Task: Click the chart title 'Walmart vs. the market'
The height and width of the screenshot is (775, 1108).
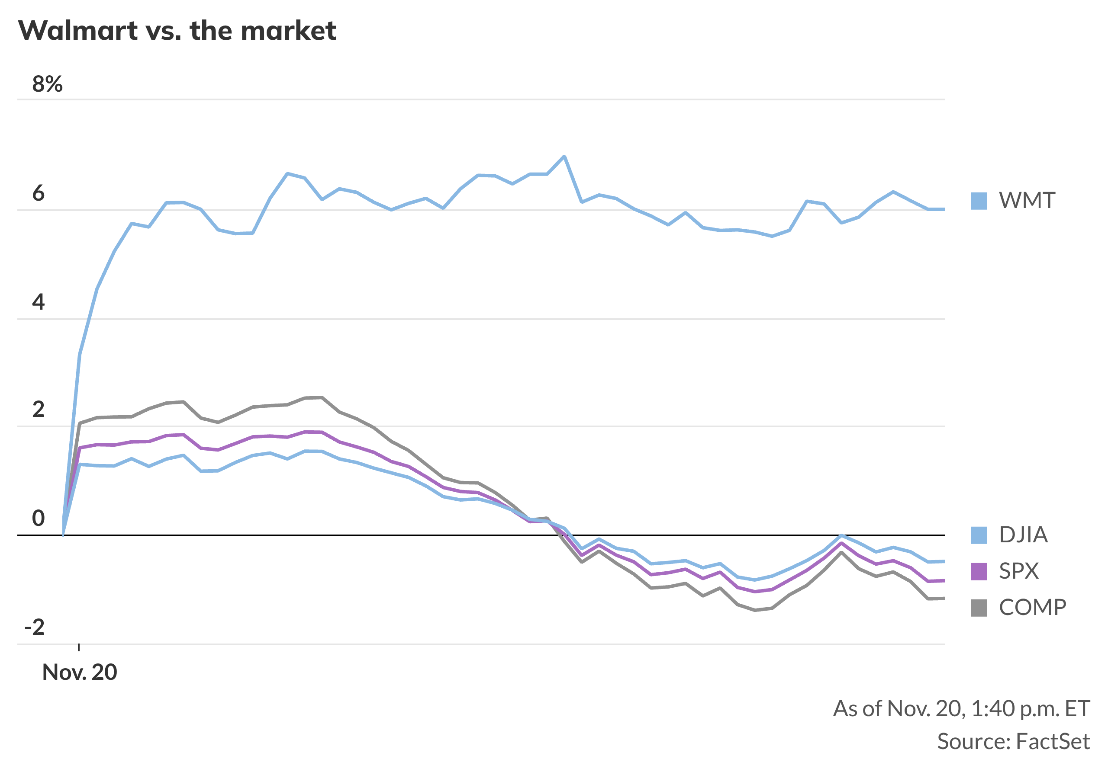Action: (177, 31)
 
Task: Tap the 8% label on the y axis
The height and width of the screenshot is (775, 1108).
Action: (47, 84)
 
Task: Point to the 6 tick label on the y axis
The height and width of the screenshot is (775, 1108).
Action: (38, 193)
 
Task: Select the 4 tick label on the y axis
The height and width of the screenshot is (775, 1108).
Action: (38, 302)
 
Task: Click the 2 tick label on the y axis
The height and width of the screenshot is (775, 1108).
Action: (38, 410)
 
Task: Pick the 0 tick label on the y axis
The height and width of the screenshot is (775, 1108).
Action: (38, 519)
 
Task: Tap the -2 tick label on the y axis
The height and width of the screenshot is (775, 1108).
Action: (34, 628)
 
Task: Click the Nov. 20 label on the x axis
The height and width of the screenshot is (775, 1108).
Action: (80, 672)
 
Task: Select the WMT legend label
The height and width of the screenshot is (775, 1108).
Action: (1027, 201)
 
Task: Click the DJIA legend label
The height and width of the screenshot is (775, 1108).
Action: (1023, 535)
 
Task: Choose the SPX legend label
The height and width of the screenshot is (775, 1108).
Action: (1018, 571)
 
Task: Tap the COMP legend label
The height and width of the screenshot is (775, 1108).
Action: (1032, 607)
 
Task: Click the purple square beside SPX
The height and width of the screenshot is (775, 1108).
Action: (979, 571)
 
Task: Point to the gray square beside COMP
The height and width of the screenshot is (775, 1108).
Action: (979, 608)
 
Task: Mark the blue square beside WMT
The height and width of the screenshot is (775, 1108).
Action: (979, 201)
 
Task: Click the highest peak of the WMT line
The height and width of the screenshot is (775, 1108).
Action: (564, 157)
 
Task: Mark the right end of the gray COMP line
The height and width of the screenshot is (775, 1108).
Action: (944, 598)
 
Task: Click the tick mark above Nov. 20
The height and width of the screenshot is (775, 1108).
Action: (79, 647)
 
